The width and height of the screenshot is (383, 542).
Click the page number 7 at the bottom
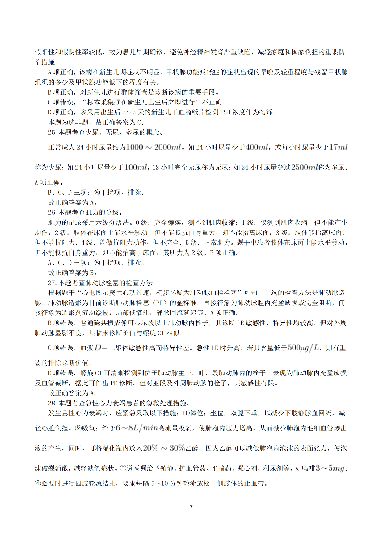click(191, 507)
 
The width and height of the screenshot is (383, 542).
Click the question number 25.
click(52, 132)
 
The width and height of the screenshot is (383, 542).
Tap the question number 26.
click(52, 212)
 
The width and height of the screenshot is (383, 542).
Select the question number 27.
click(52, 282)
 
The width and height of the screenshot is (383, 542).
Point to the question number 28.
click(52, 403)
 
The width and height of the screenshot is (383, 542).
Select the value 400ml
click(257, 147)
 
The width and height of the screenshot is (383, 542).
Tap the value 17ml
click(338, 147)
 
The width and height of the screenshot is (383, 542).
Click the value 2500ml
click(304, 167)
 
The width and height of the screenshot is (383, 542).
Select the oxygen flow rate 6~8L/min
click(137, 428)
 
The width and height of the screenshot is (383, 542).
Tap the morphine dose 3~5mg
click(330, 468)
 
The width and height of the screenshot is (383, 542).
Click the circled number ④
click(38, 483)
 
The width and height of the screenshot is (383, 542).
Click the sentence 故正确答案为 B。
click(73, 273)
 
